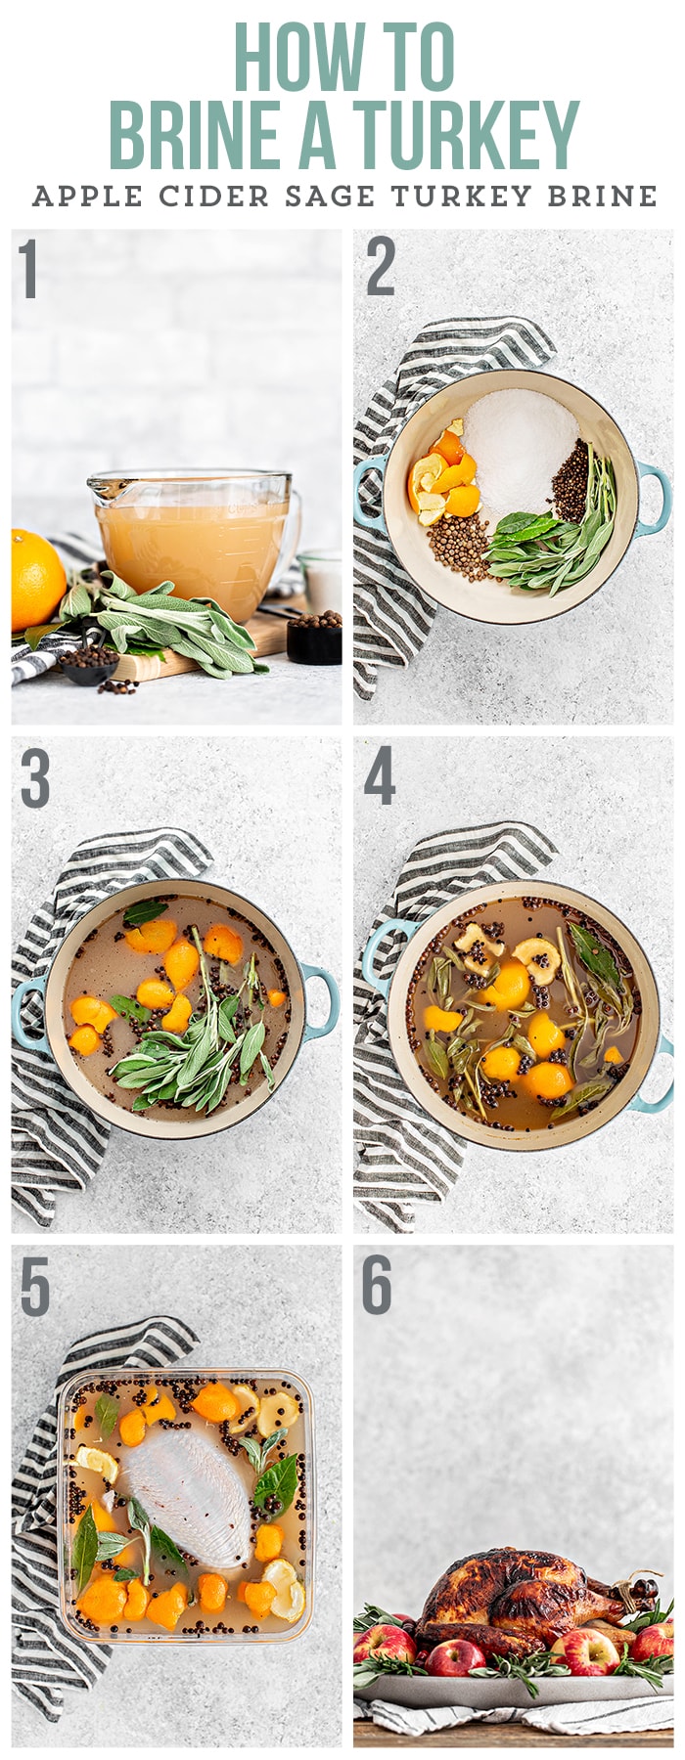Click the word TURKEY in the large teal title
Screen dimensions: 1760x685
click(466, 134)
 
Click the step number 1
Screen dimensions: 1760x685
click(28, 269)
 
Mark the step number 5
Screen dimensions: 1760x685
click(34, 1288)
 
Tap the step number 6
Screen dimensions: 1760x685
click(377, 1286)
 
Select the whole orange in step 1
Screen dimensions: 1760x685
click(36, 579)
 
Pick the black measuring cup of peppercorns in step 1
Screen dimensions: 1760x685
click(314, 637)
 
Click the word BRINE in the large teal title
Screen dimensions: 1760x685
click(195, 134)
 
